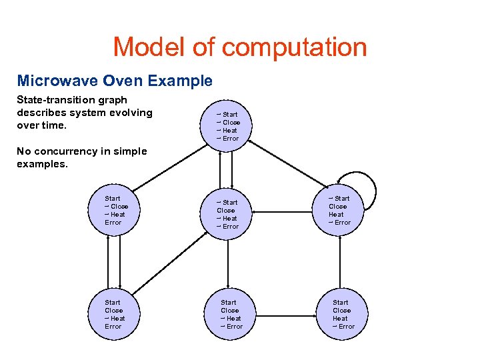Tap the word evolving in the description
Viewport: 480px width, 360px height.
129,113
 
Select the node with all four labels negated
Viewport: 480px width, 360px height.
228,126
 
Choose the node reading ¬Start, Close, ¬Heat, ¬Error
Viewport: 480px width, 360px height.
228,214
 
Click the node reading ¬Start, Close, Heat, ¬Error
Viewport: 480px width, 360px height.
340,210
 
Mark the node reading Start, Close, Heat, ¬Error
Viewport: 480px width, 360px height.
341,314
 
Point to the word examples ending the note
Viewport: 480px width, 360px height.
42,164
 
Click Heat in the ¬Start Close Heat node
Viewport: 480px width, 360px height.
337,215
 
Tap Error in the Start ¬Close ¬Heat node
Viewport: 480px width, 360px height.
113,223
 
